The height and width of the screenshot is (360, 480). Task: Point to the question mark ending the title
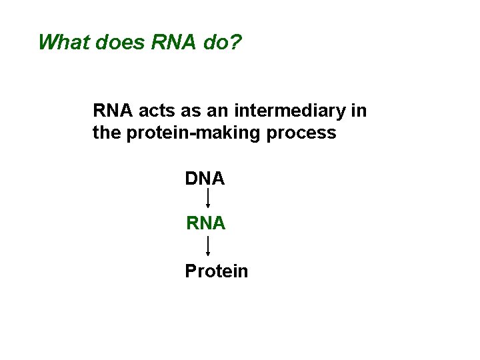237,42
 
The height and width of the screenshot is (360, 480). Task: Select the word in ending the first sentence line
359,111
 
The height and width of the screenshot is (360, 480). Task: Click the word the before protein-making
106,133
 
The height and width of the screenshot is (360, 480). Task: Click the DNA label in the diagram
205,179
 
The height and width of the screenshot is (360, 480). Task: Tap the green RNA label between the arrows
206,224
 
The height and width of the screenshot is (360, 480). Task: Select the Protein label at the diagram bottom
216,271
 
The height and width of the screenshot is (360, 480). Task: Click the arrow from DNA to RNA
208,199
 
